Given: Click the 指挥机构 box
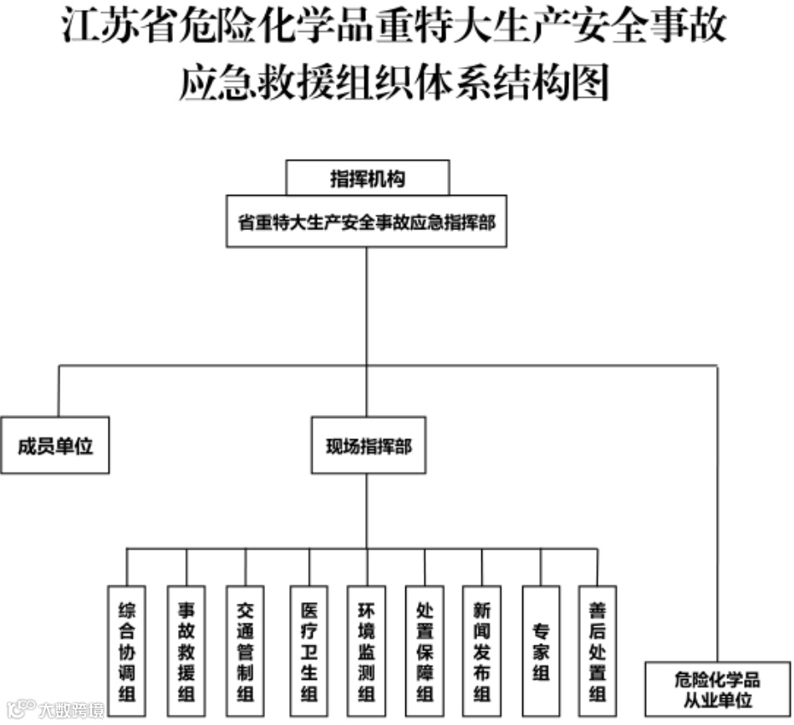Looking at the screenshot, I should (x=368, y=177).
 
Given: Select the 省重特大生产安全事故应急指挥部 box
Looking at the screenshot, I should (x=366, y=222).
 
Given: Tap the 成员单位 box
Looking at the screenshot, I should (x=55, y=445).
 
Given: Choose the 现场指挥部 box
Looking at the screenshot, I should (x=368, y=445).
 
